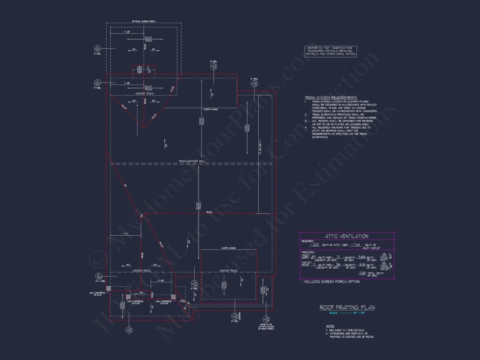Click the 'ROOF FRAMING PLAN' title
pos(347,307)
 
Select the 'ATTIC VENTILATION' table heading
pos(346,236)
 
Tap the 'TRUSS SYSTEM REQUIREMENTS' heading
pos(330,98)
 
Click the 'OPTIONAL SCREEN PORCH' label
pos(144,21)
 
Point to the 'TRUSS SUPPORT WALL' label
pos(192,161)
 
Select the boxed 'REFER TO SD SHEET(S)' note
pos(331,51)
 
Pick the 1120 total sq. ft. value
pos(362,273)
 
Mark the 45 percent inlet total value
pos(384,254)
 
